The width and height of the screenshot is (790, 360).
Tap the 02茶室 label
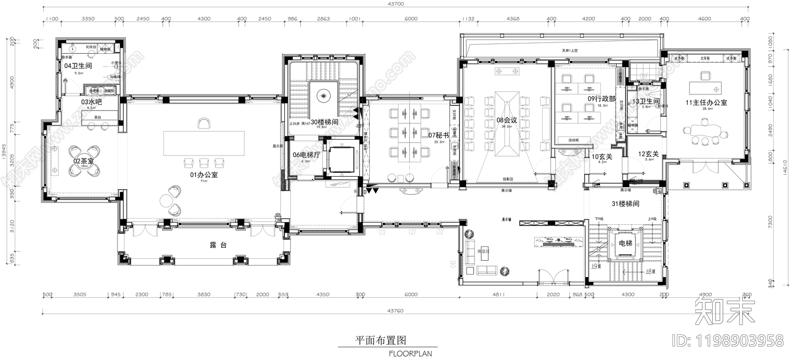83,161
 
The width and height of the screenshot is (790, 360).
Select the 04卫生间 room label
78,65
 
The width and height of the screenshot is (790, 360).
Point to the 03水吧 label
91,102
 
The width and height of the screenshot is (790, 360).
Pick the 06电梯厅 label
307,155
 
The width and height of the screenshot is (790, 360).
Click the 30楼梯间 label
324,121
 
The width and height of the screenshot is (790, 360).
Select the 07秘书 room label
438,135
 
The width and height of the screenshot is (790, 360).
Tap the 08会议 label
507,120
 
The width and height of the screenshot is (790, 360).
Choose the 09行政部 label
601,99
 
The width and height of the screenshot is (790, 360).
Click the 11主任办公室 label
706,103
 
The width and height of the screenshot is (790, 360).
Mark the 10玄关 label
602,156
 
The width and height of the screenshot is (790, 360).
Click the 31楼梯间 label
626,203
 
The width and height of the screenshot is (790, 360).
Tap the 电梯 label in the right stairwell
625,243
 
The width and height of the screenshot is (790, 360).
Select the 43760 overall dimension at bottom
395,311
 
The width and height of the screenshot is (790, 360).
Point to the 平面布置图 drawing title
381,341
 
